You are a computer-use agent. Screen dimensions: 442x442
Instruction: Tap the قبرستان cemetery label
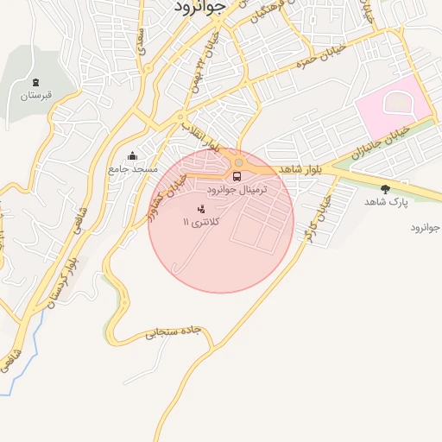[x=37, y=95]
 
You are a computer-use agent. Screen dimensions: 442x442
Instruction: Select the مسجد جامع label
[x=132, y=169]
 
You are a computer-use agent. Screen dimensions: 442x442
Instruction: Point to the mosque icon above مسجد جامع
[x=132, y=156]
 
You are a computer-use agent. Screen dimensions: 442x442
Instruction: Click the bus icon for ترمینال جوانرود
[x=238, y=176]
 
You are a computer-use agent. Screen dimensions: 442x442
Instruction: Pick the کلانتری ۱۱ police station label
[x=202, y=222]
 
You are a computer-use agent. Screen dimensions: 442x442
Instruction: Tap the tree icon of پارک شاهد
[x=385, y=188]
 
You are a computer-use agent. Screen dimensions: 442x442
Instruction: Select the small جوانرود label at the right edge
[x=426, y=228]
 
